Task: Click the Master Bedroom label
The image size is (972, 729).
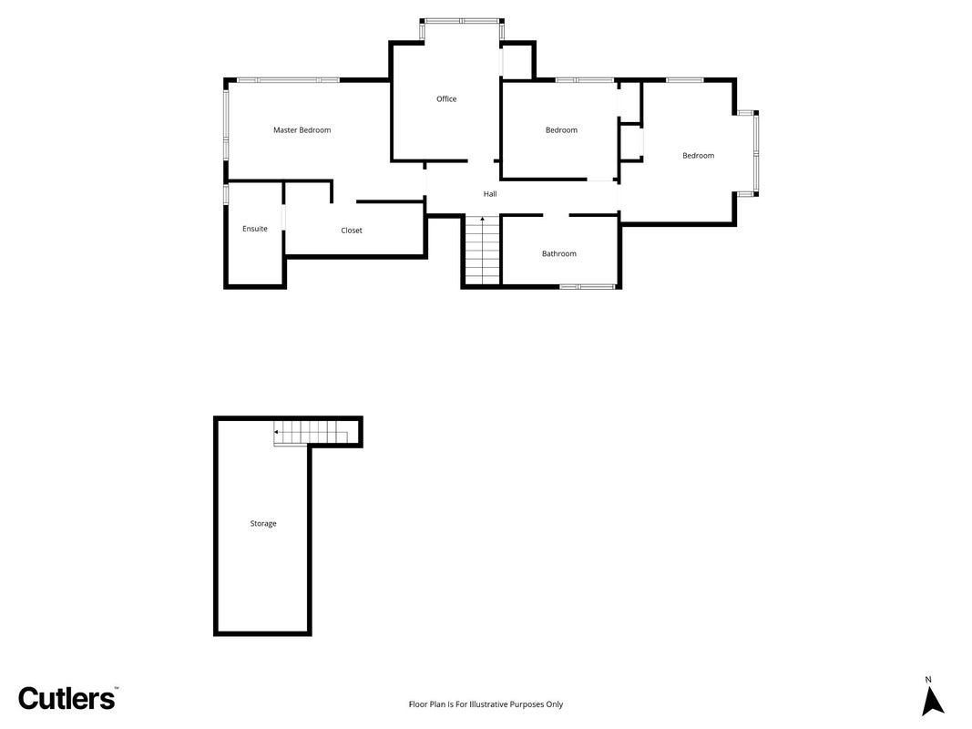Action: click(x=302, y=130)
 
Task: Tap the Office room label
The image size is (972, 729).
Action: click(x=446, y=99)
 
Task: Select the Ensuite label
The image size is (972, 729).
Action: click(x=255, y=229)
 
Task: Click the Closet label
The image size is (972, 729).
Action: click(x=352, y=231)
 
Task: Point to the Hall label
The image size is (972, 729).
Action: click(x=490, y=194)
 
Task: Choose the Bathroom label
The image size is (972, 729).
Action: click(x=559, y=253)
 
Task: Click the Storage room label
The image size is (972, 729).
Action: click(x=263, y=524)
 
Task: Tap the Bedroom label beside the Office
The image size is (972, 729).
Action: click(x=562, y=130)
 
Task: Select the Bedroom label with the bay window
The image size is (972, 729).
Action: click(x=699, y=156)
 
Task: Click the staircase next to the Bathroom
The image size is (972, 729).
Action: click(x=482, y=250)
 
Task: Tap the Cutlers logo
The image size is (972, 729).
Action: click(x=67, y=698)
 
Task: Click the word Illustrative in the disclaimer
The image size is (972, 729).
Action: click(x=488, y=704)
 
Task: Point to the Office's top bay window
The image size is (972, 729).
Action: click(x=463, y=22)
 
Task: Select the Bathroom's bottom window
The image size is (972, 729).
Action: click(x=587, y=286)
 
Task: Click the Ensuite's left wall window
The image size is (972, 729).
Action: click(x=226, y=193)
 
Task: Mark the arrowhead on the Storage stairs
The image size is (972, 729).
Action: click(x=276, y=431)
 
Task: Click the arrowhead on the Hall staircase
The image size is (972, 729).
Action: click(x=482, y=219)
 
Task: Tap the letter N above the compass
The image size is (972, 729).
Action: click(x=928, y=680)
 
